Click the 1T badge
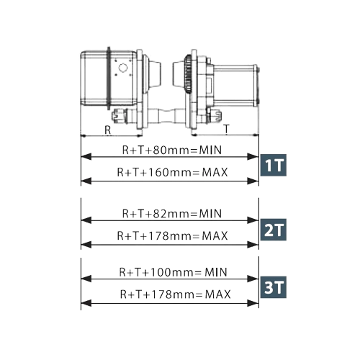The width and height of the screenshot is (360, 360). (x=274, y=165)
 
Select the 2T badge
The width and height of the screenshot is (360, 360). (x=274, y=230)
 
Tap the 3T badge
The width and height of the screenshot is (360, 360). (x=274, y=287)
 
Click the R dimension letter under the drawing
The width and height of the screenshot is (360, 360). (x=108, y=130)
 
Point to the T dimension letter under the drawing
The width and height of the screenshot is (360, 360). (x=226, y=129)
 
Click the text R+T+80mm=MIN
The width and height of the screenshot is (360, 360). (x=172, y=150)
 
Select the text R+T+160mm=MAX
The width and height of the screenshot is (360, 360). (x=172, y=172)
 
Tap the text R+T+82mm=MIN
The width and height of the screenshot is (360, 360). (x=172, y=214)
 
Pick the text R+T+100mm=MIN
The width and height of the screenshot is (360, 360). (x=173, y=272)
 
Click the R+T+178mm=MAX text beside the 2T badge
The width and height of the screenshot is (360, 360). (x=172, y=235)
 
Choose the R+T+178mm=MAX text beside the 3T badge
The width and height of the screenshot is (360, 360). (x=175, y=294)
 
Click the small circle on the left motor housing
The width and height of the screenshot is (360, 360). (x=123, y=68)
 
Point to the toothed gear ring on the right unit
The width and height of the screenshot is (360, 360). (x=188, y=74)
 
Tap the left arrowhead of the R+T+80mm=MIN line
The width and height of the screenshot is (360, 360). (x=86, y=157)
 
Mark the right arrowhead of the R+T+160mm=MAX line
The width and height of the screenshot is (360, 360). (x=253, y=181)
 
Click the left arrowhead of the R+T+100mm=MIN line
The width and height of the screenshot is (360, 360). (x=86, y=279)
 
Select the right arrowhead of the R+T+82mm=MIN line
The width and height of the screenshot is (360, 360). (x=253, y=220)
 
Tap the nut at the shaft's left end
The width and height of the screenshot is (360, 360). (x=117, y=116)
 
